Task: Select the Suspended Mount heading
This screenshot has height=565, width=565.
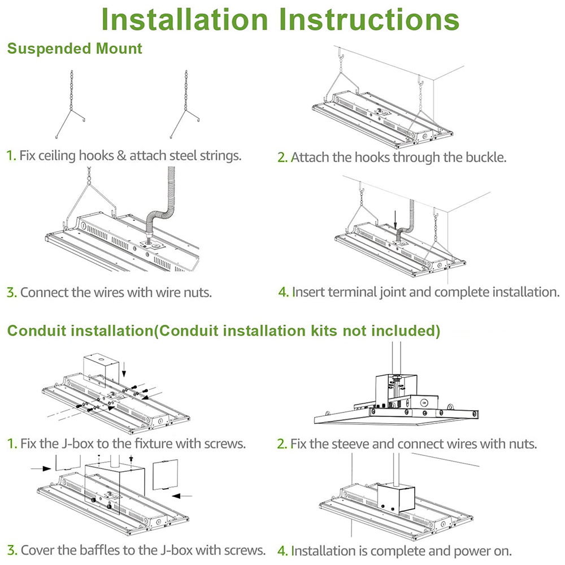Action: pos(75,49)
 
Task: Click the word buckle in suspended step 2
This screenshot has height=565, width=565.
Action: pos(484,157)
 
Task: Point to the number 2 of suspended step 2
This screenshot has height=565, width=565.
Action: pos(282,158)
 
